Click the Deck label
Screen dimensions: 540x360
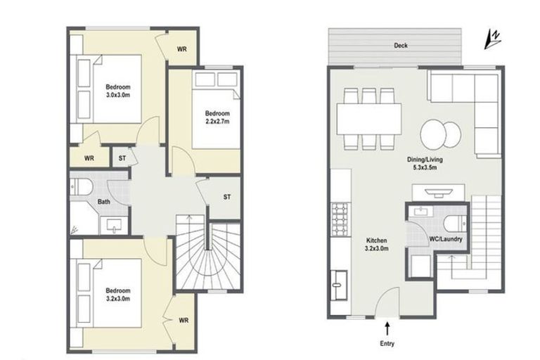pyautogui.click(x=401, y=45)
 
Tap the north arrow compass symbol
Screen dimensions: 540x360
pyautogui.click(x=492, y=39)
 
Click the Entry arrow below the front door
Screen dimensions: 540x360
pyautogui.click(x=387, y=328)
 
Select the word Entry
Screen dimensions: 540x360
pyautogui.click(x=387, y=343)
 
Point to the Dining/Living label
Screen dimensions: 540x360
pyautogui.click(x=425, y=160)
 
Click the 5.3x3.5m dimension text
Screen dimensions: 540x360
pyautogui.click(x=425, y=168)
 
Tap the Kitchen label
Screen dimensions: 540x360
pyautogui.click(x=376, y=240)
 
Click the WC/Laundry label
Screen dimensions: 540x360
pyautogui.click(x=446, y=239)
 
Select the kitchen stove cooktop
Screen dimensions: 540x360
pyautogui.click(x=339, y=219)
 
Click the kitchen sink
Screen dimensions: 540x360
pyautogui.click(x=339, y=285)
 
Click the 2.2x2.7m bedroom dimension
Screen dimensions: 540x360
pyautogui.click(x=217, y=121)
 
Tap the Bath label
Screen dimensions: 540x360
pyautogui.click(x=103, y=202)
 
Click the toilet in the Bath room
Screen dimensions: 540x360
pyautogui.click(x=82, y=188)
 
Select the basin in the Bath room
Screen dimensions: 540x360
pyautogui.click(x=114, y=226)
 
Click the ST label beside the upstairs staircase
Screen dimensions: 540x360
pyautogui.click(x=227, y=197)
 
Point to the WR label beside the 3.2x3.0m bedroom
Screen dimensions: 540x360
pyautogui.click(x=184, y=321)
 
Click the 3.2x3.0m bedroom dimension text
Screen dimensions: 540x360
pyautogui.click(x=118, y=299)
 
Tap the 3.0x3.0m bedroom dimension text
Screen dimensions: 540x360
pyautogui.click(x=118, y=95)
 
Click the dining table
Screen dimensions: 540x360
pyautogui.click(x=369, y=120)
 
